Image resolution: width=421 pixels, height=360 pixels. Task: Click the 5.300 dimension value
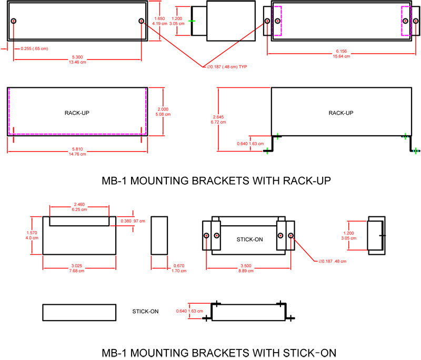tap(77, 57)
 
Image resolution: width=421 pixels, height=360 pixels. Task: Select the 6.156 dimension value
tap(341, 51)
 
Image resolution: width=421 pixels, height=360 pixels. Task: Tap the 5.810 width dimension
tap(77, 149)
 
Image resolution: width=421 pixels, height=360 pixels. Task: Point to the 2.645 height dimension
tap(218, 117)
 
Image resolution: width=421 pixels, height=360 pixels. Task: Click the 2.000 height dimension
tap(163, 109)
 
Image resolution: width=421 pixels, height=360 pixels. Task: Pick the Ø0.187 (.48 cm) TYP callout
tap(227, 66)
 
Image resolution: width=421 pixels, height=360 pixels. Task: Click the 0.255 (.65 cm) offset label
tap(34, 48)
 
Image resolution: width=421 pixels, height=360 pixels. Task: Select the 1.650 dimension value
tap(159, 18)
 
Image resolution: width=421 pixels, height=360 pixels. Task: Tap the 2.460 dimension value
tap(79, 204)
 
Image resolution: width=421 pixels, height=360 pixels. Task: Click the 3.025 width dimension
tap(76, 266)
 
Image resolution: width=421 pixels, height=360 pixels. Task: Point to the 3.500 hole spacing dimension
tap(246, 266)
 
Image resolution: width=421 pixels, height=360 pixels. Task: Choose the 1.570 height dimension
tap(32, 233)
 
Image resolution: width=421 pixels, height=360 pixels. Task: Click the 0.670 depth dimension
tap(179, 266)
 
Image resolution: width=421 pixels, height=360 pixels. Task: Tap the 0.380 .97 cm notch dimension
tap(133, 221)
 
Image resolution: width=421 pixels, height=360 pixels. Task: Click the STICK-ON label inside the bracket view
tap(249, 239)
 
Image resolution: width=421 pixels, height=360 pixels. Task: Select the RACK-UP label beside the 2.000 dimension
tap(77, 113)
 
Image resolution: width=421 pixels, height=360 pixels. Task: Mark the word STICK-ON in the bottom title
tap(309, 353)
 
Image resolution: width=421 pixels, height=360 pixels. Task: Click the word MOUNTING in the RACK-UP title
tap(159, 181)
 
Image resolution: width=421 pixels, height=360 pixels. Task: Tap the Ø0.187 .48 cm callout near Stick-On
tap(333, 261)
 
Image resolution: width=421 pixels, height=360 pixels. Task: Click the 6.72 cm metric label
tap(218, 122)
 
